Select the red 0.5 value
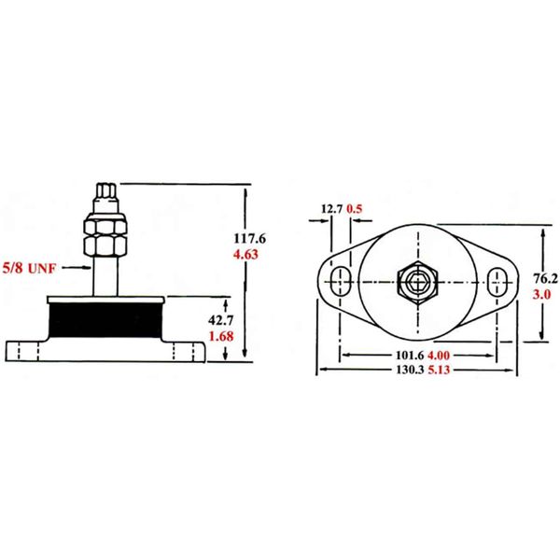tap(355, 209)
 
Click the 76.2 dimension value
tap(544, 277)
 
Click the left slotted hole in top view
tap(341, 279)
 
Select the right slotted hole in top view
tap(499, 279)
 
